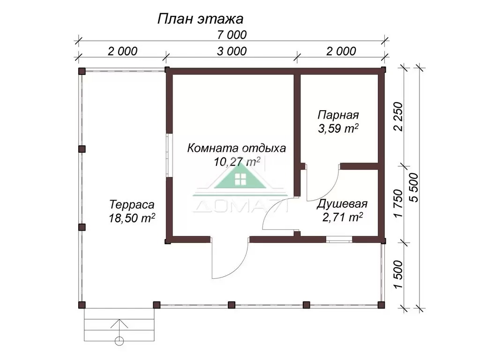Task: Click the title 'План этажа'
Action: click(200, 19)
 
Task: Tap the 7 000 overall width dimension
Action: click(232, 35)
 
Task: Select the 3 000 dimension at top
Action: click(232, 51)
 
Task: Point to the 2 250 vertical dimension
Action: click(398, 116)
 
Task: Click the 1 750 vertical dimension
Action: click(398, 203)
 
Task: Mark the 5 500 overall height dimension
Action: click(414, 187)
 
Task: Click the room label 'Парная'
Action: click(338, 115)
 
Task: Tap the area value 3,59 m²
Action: click(338, 128)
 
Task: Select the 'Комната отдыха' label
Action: click(236, 148)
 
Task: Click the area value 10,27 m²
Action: click(237, 161)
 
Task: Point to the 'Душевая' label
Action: click(342, 204)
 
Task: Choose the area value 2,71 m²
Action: click(342, 217)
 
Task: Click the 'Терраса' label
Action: click(132, 204)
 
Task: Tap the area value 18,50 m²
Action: click(132, 218)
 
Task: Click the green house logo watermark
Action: click(240, 178)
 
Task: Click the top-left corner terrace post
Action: click(82, 71)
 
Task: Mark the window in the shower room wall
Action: click(339, 240)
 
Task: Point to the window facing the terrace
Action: click(169, 156)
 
